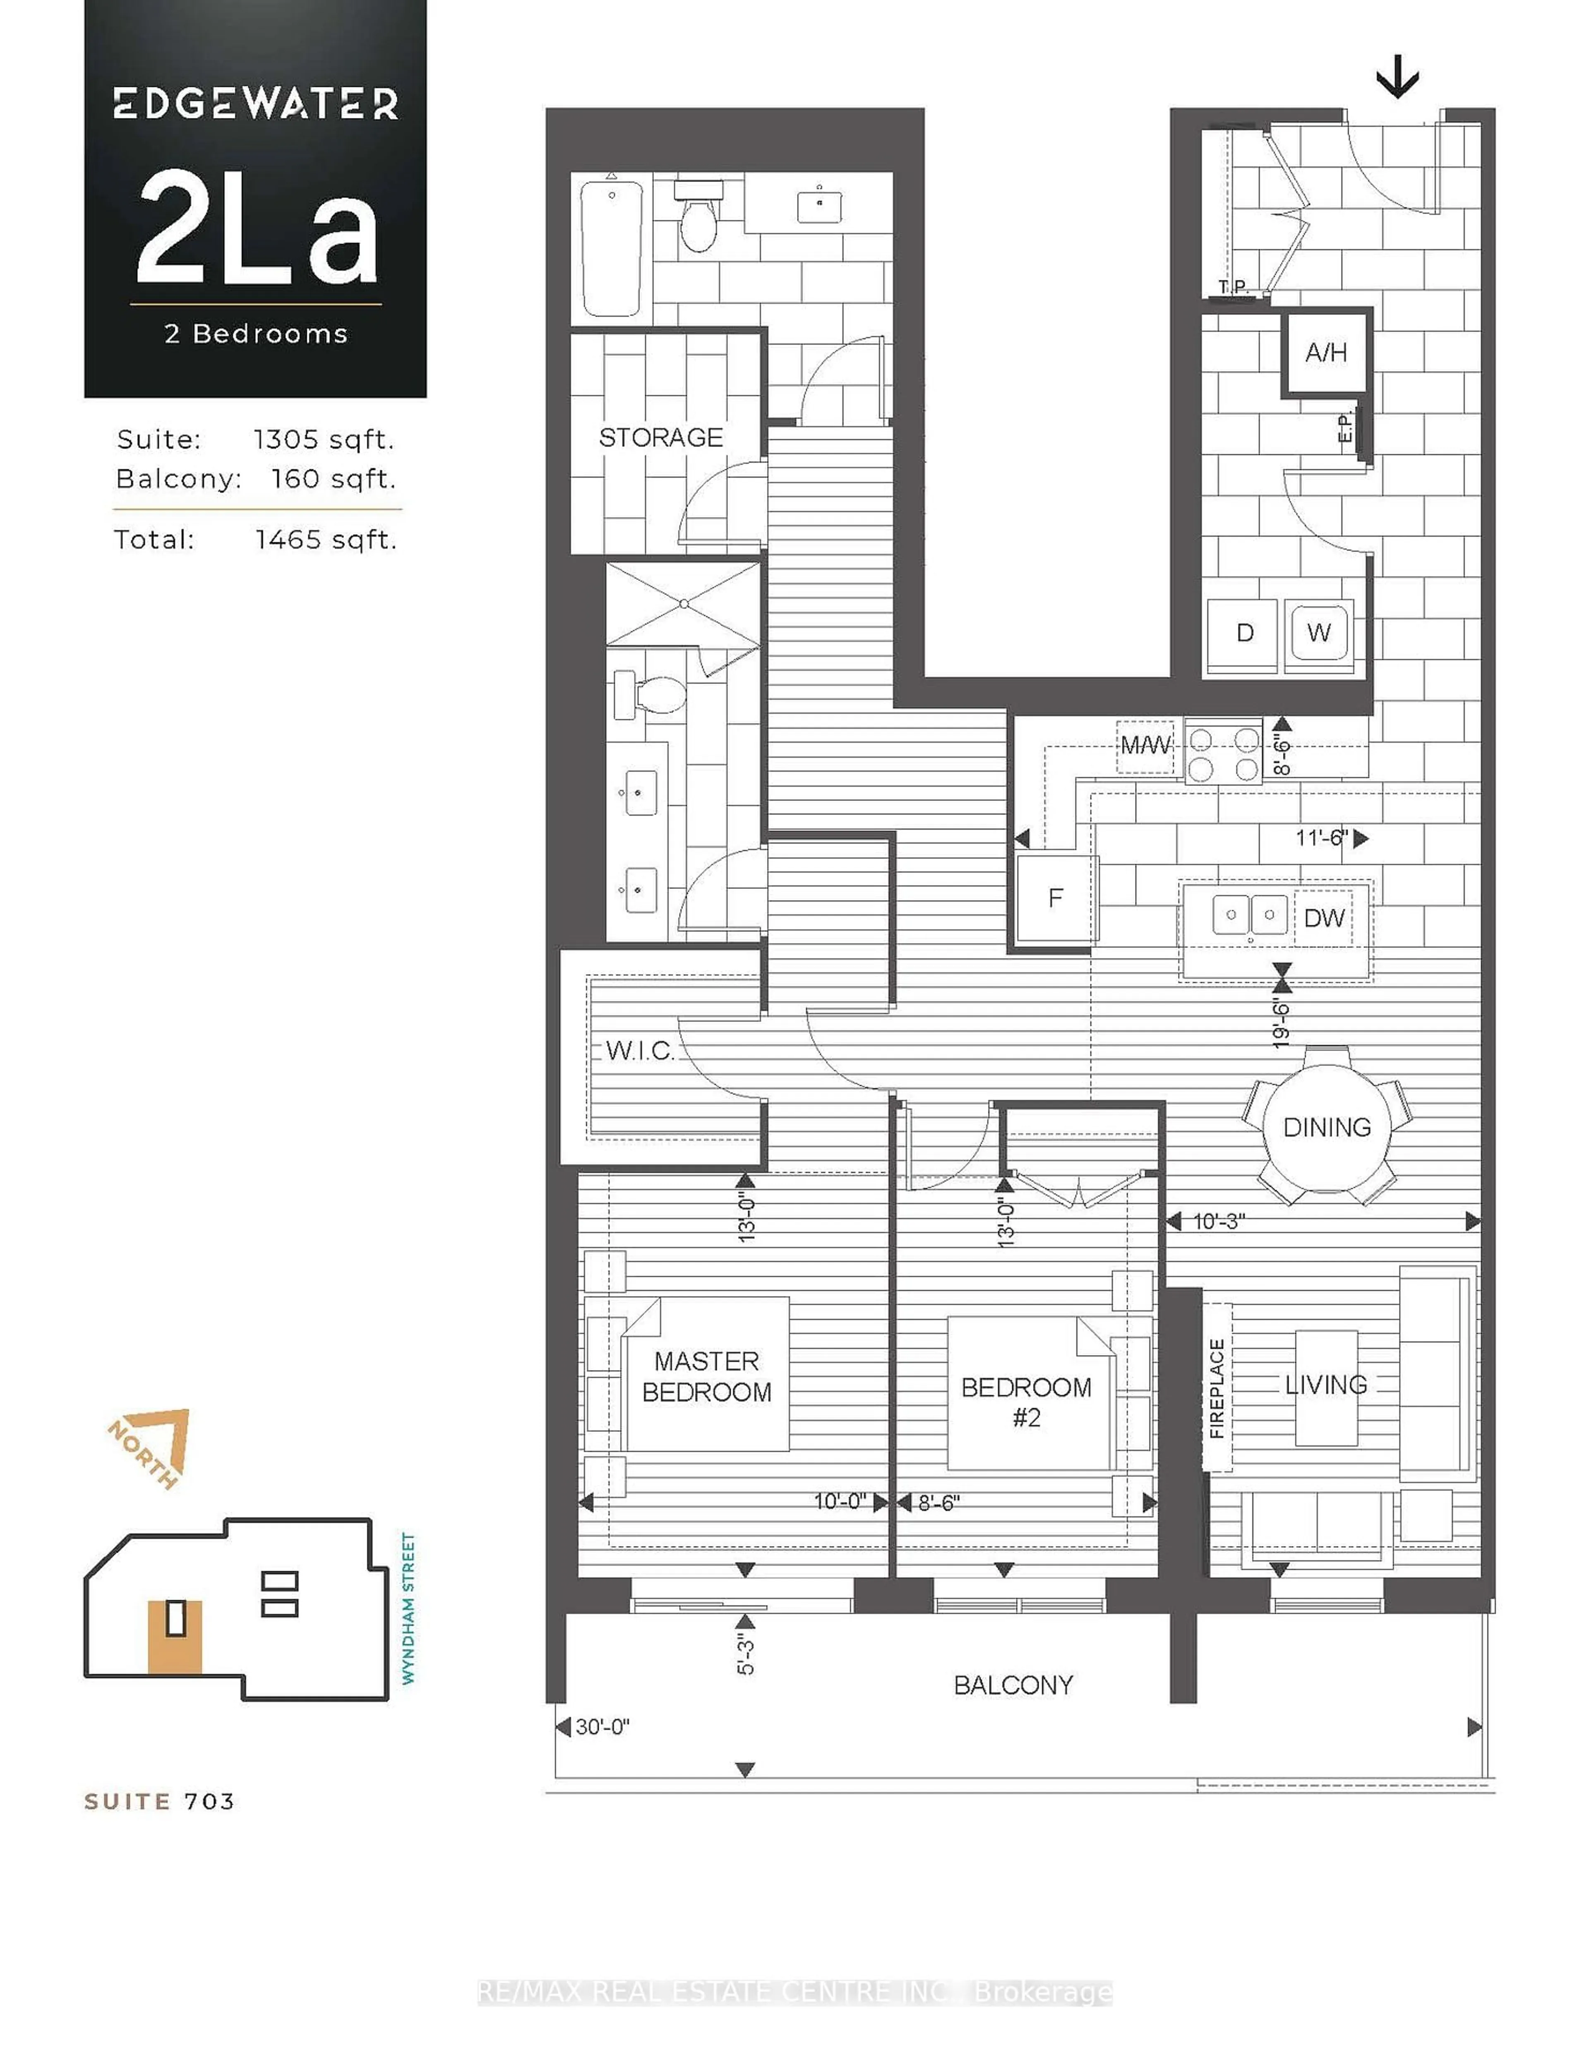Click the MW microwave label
pyautogui.click(x=1146, y=745)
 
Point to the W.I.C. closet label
pyautogui.click(x=639, y=1051)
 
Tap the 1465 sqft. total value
pyautogui.click(x=325, y=540)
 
